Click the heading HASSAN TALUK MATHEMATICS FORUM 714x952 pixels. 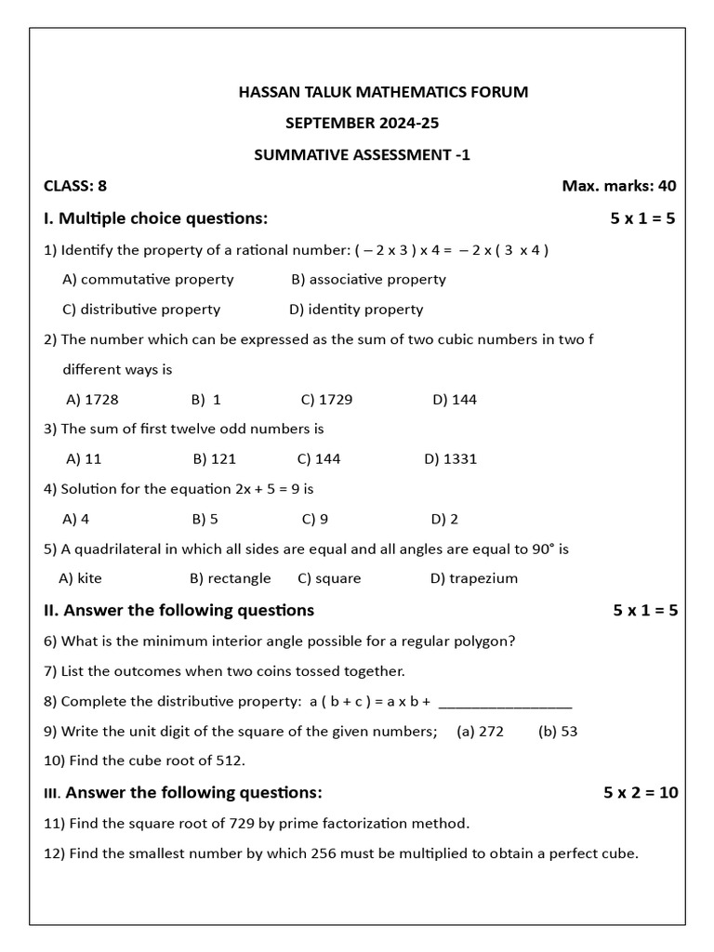[x=383, y=92]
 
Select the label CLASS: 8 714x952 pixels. [x=75, y=186]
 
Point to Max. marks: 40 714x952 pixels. [x=618, y=186]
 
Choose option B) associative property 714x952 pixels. [x=368, y=279]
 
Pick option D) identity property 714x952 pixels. [x=356, y=310]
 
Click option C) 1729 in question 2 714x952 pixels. [x=326, y=400]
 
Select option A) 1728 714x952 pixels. [x=92, y=400]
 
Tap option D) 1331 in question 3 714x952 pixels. [x=450, y=458]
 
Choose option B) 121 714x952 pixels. [x=215, y=458]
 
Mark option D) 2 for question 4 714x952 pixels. [x=444, y=519]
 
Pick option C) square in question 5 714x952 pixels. [x=329, y=578]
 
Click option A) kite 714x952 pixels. [x=81, y=578]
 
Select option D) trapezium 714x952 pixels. [x=474, y=578]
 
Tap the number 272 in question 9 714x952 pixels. [x=490, y=732]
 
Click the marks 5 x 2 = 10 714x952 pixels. [x=641, y=793]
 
